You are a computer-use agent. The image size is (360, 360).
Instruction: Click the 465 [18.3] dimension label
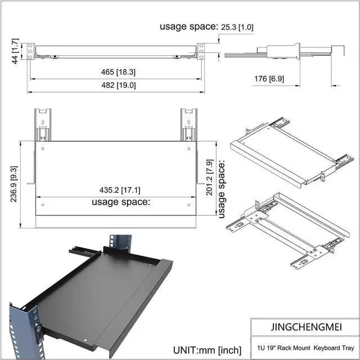pos(118,72)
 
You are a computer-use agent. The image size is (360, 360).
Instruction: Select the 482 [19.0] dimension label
pos(119,85)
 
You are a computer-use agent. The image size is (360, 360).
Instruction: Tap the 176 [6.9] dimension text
pos(269,79)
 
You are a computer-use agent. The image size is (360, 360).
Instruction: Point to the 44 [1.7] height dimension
pos(15,51)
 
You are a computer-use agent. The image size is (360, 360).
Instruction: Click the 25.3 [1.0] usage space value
pos(237,28)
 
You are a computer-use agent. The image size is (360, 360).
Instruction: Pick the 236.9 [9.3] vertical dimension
pos(13,184)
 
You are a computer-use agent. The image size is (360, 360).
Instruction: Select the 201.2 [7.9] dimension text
pos(210,178)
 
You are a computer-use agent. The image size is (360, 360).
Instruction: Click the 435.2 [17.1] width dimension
pos(120,190)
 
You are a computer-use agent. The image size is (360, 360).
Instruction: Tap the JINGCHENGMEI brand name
pos(306,327)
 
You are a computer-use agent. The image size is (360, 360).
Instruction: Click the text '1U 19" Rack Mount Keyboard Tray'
pos(305,348)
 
